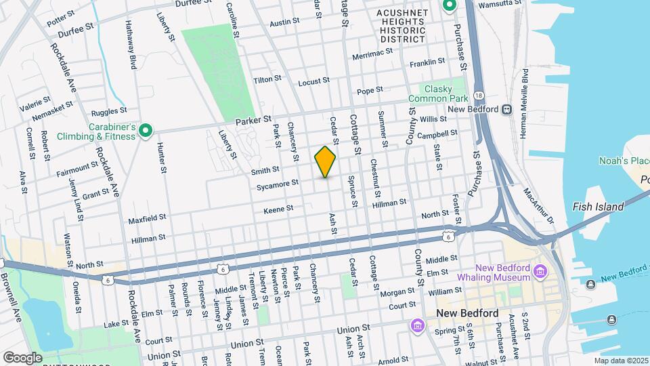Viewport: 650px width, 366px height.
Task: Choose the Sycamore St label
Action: pyautogui.click(x=278, y=183)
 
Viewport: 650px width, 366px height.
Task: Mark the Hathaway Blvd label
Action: pyautogui.click(x=131, y=45)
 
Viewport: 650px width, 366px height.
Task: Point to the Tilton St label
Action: pyautogui.click(x=267, y=79)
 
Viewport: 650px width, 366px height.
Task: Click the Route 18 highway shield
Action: pyautogui.click(x=479, y=95)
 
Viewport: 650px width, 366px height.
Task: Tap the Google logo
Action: pyautogui.click(x=22, y=357)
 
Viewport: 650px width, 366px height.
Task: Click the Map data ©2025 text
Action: pyautogui.click(x=620, y=361)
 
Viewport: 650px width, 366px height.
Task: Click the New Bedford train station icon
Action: pyautogui.click(x=506, y=109)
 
